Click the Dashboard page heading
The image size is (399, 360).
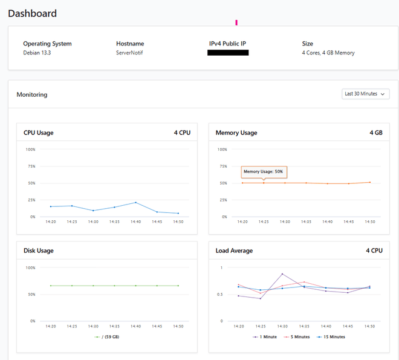tap(33, 13)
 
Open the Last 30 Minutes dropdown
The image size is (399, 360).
tap(365, 94)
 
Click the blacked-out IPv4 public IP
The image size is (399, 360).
tap(228, 53)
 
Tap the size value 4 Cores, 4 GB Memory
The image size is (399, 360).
tap(328, 53)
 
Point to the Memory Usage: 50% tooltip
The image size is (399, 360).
tap(264, 172)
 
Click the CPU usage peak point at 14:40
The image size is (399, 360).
tap(135, 203)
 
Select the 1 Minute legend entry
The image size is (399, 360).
tap(266, 336)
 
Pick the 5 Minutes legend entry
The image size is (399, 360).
tap(298, 336)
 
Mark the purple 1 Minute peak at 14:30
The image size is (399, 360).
tap(282, 274)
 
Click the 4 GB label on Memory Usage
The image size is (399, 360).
tap(375, 133)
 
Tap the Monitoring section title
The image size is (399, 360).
tap(32, 94)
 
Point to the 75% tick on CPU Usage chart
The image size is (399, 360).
tap(30, 166)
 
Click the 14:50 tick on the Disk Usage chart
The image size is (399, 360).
tap(178, 326)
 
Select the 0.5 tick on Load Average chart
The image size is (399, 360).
tap(221, 295)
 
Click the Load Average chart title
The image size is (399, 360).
tap(234, 250)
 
